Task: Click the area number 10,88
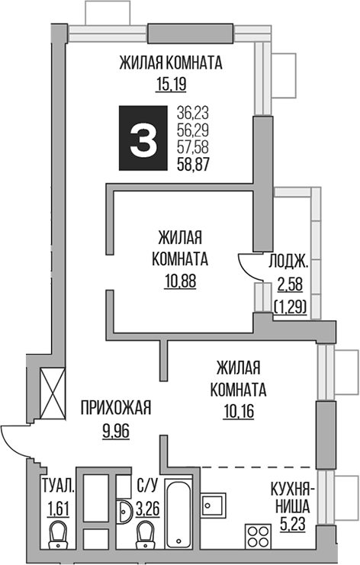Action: pyautogui.click(x=180, y=279)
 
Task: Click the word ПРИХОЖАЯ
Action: pyautogui.click(x=115, y=409)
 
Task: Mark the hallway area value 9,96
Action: pyautogui.click(x=115, y=431)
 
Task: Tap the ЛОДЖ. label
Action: pyautogui.click(x=288, y=263)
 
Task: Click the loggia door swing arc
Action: pyautogui.click(x=246, y=264)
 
